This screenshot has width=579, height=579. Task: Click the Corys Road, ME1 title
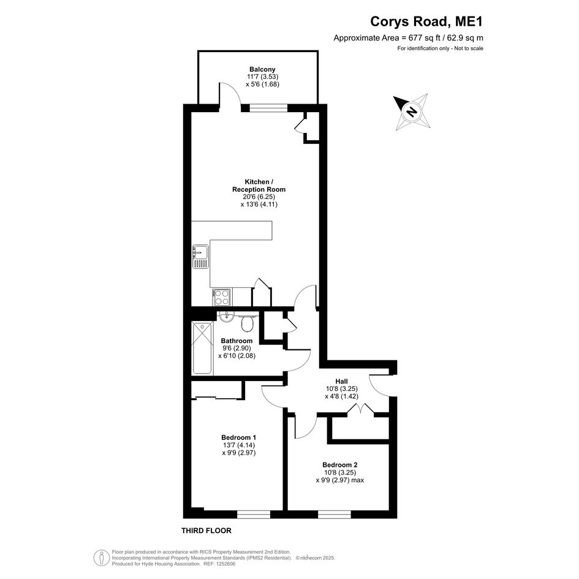[x=426, y=21]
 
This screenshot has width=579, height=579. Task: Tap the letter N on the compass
[x=412, y=111]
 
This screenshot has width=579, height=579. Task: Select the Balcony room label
[x=263, y=69]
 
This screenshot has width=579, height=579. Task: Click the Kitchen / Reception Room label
[x=259, y=186]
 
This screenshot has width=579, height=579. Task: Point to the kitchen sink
[x=200, y=257]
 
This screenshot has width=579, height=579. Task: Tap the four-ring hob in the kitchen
[x=222, y=297]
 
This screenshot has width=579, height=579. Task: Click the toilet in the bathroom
[x=247, y=324]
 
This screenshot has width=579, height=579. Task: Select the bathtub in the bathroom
[x=202, y=348]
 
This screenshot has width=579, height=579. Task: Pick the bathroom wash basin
[x=225, y=316]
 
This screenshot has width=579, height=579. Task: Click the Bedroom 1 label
[x=239, y=437]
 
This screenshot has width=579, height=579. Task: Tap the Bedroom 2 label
[x=339, y=465]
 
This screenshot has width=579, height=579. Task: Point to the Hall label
[x=341, y=381]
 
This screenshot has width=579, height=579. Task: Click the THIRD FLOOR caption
[x=206, y=531]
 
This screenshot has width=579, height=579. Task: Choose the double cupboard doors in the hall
[x=361, y=409]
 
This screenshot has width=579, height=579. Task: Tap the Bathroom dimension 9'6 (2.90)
[x=237, y=348]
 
